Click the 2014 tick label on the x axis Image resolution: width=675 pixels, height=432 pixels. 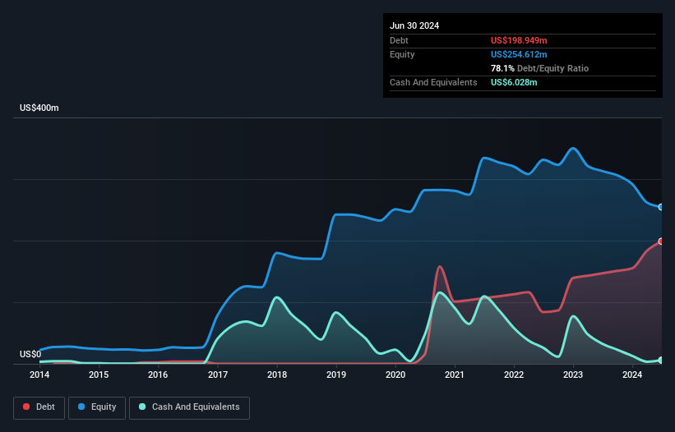pos(39,375)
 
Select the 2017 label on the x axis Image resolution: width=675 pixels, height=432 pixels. pos(218,375)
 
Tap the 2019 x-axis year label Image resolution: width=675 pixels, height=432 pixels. pos(336,375)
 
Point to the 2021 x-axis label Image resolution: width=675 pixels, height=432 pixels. pos(455,375)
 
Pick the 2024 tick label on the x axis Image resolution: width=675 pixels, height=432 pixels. pos(632,375)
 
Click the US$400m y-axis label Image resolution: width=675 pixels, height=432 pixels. pos(39,108)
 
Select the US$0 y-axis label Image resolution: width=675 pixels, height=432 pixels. pos(30,355)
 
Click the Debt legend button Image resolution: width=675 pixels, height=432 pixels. pos(38,407)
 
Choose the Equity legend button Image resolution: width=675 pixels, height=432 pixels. pos(97,407)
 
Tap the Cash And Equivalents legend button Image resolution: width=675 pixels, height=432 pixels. pos(189,407)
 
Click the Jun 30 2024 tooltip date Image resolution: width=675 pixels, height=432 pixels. pos(414,25)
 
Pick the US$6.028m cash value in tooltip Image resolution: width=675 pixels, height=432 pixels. pos(514,82)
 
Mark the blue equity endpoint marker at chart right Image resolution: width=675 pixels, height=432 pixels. pos(661,207)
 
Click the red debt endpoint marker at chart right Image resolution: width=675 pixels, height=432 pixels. pos(661,241)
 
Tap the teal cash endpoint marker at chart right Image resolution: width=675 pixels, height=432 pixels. pos(661,360)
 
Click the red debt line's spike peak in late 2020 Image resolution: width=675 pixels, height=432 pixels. pos(440,266)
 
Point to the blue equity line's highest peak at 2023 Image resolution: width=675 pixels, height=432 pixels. pos(573,148)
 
